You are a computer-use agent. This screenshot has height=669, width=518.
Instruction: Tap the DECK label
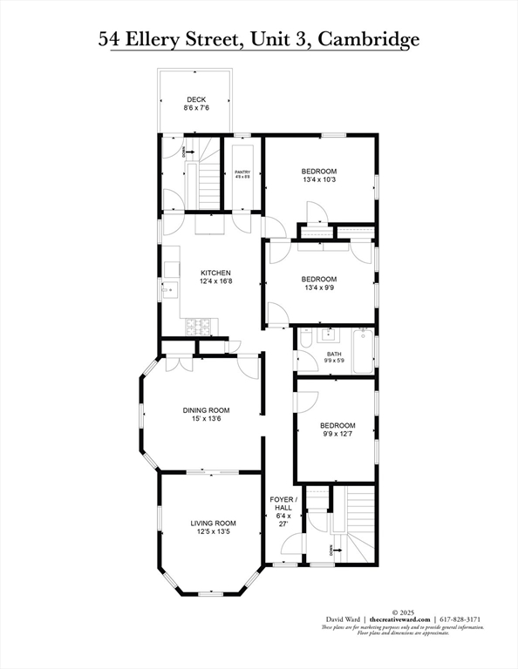tap(195, 99)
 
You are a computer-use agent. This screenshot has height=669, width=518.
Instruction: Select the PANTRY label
tap(242, 172)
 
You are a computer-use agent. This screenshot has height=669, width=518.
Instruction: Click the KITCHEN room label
tap(215, 273)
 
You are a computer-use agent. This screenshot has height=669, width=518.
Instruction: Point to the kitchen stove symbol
tap(198, 328)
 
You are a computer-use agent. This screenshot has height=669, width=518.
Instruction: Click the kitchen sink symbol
tap(170, 290)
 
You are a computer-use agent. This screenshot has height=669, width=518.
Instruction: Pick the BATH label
tap(334, 354)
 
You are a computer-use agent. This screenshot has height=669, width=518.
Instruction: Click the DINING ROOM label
tap(206, 410)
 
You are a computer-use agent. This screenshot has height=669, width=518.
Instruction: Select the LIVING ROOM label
tap(214, 523)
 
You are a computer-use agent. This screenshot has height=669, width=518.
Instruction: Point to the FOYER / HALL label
tap(283, 503)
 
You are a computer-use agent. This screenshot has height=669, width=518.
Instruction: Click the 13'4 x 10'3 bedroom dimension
tap(319, 179)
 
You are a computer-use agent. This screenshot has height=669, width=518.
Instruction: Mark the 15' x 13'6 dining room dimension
tap(206, 419)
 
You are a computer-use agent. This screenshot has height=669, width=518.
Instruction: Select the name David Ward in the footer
tap(338, 618)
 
